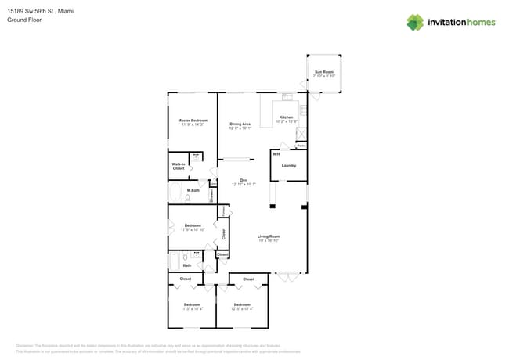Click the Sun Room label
[x=324, y=72]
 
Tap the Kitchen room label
[x=286, y=117]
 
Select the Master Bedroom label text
[x=192, y=121]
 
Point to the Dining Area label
[x=240, y=124]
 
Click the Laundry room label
[x=288, y=165]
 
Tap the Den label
[x=244, y=180]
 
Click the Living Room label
[x=269, y=236]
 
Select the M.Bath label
[x=193, y=190]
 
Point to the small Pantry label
[x=301, y=146]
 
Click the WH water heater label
[x=276, y=154]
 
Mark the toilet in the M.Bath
[x=188, y=199]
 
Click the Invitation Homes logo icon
[x=415, y=22]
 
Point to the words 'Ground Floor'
[x=24, y=20]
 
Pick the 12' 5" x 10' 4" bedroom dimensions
[x=241, y=308]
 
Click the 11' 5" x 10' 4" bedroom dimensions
[x=192, y=308]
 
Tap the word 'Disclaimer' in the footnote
[x=26, y=344]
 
